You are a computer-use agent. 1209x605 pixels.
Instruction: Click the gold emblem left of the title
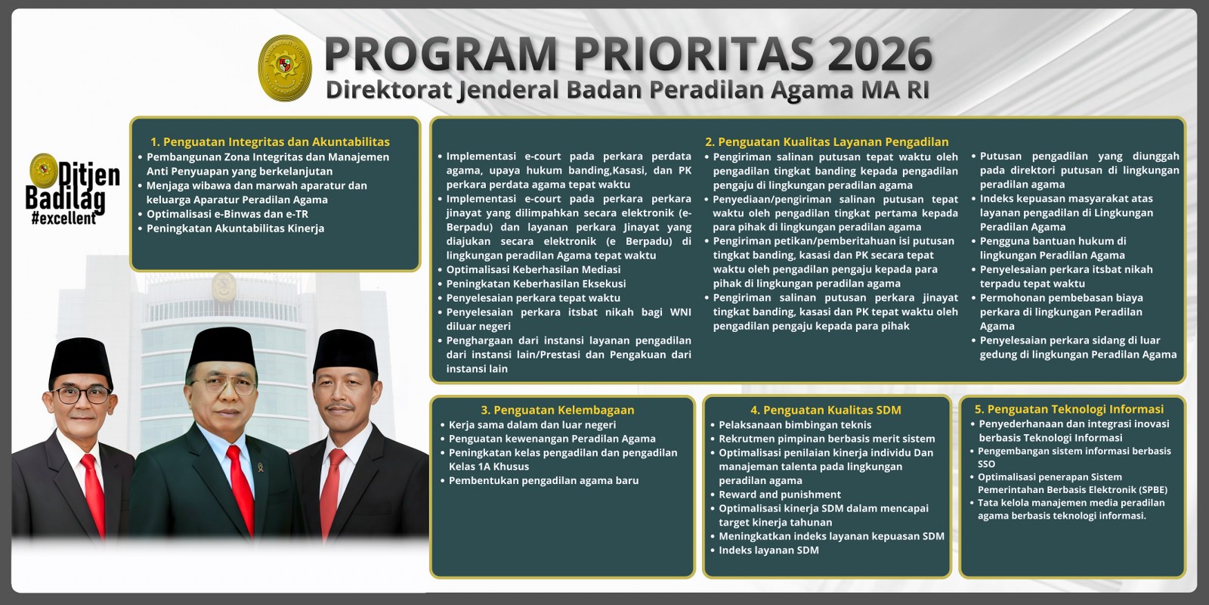click(x=285, y=67)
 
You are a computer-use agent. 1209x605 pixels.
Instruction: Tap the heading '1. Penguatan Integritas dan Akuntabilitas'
click(x=270, y=141)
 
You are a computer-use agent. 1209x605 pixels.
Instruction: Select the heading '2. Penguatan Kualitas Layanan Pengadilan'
click(x=826, y=141)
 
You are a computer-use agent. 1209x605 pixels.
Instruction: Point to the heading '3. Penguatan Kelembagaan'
click(x=557, y=410)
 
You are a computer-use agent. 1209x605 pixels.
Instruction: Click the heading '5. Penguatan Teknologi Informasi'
click(x=1068, y=409)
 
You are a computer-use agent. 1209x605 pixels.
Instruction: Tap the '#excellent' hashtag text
click(x=64, y=219)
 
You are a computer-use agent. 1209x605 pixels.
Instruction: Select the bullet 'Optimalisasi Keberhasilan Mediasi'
click(x=533, y=269)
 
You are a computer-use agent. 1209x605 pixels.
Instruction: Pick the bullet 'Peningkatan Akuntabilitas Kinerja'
click(x=235, y=228)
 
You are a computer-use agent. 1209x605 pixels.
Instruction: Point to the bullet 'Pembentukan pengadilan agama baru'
click(x=543, y=480)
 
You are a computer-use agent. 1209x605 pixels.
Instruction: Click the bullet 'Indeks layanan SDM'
click(x=768, y=550)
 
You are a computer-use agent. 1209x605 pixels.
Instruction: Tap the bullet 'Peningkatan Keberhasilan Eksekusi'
click(x=536, y=284)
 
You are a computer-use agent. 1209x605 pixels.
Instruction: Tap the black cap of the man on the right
click(x=345, y=352)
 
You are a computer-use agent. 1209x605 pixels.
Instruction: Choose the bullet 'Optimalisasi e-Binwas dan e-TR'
click(x=227, y=214)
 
